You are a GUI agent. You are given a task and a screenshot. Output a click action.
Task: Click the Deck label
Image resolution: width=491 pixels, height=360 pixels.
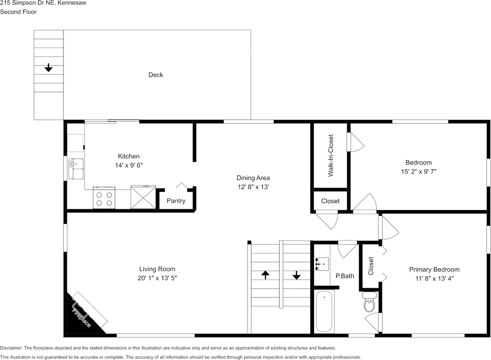pos(156,75)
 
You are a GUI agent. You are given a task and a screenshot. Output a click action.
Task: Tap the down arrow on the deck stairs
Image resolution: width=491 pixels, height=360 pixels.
pos(48,68)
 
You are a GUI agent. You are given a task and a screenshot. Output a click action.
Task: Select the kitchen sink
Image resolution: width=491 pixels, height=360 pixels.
pos(75,168)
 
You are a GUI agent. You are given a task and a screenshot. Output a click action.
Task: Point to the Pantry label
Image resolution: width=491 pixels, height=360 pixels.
pos(176,201)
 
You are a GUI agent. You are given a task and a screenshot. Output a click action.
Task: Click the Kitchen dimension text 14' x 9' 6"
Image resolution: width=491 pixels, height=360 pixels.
pos(129,165)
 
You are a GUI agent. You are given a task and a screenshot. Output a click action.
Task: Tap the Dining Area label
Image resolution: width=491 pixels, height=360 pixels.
pos(253,178)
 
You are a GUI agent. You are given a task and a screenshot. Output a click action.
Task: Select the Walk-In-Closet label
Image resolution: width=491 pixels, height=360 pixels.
pos(331,155)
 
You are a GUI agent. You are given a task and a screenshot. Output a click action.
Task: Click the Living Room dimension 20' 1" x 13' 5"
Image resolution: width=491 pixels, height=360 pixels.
pos(157,278)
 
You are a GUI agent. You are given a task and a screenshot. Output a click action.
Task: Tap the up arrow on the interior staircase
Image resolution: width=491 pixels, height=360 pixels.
pos(265,275)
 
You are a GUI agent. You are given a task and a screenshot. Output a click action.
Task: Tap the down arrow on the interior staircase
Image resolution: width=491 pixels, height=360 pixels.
pos(297,275)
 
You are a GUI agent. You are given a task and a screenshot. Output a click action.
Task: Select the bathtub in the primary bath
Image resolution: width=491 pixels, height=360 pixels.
pos(325,311)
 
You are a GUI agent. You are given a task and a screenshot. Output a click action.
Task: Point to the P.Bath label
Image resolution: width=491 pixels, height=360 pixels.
pos(345,276)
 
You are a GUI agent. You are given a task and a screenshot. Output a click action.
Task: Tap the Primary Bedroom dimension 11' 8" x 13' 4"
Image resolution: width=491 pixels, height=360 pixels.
pos(434,279)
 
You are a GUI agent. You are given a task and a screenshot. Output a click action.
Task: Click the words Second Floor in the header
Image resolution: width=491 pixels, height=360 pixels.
pos(18,12)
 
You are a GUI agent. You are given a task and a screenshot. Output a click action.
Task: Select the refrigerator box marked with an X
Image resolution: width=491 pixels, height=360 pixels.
pos(143,197)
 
